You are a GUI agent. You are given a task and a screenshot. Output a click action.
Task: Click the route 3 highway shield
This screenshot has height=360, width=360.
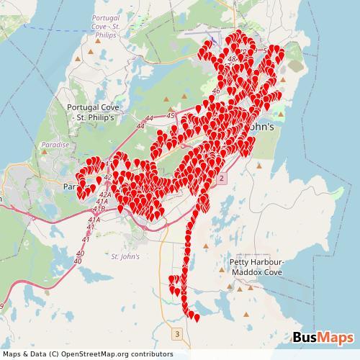176,334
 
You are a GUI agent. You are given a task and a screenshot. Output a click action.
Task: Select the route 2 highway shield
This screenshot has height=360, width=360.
222,177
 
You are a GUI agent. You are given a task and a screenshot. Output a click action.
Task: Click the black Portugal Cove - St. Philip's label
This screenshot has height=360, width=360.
96,111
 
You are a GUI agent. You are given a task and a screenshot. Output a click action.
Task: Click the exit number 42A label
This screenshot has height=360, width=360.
104,194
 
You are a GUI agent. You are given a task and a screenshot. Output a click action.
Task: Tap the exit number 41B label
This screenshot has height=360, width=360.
99,209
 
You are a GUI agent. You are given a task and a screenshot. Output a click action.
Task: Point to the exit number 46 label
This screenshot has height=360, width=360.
216,92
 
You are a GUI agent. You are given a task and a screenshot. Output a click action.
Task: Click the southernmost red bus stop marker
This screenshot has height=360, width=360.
197,318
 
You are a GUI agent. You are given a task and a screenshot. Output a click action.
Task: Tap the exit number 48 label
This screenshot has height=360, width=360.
231,59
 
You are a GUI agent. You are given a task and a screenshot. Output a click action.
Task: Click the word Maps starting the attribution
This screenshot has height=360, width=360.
12,354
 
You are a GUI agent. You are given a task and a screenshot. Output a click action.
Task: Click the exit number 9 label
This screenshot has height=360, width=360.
2,307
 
